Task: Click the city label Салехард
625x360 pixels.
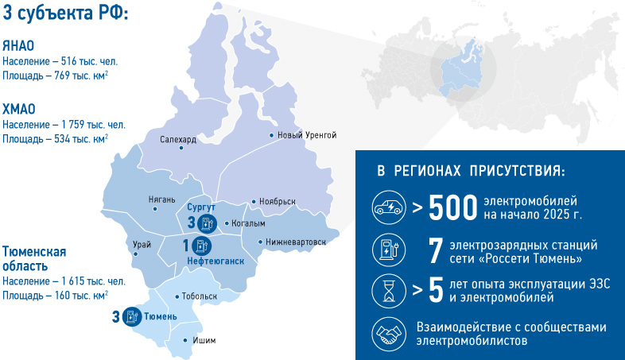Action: pos(177,139)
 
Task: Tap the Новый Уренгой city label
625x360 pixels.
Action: pos(307,135)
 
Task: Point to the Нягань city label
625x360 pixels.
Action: pos(161,199)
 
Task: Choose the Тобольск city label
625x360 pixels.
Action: pos(200,296)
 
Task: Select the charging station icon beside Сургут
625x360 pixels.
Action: pos(207,223)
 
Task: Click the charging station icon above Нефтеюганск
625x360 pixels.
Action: pos(201,245)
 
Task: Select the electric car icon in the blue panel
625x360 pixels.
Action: pos(390,208)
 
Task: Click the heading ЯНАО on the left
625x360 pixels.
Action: pos(18,45)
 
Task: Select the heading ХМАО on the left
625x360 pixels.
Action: pos(19,109)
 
